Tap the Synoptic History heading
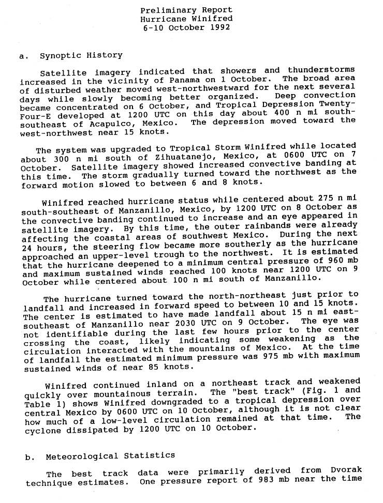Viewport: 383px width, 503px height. point(81,55)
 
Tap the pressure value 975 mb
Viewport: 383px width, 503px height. point(259,356)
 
